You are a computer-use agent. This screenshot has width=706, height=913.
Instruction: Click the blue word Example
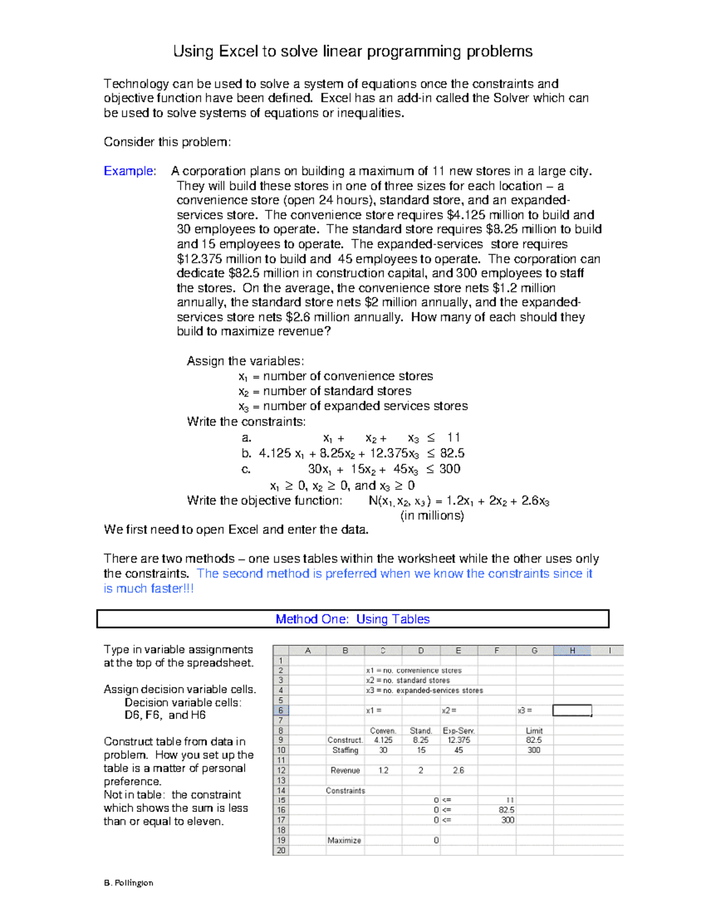[129, 171]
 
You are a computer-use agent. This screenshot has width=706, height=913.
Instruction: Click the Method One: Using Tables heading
[352, 619]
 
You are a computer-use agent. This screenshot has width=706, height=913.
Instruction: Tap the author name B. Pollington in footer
[128, 882]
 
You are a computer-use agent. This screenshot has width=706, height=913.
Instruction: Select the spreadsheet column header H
[572, 650]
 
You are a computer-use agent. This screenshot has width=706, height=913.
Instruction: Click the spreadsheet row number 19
[281, 840]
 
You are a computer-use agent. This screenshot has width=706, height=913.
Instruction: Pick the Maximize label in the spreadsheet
[344, 840]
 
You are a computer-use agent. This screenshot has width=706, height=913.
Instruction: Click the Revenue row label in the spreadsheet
[345, 770]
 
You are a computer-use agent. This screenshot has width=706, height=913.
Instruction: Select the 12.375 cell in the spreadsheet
[458, 740]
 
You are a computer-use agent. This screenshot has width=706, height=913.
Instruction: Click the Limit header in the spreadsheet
[534, 731]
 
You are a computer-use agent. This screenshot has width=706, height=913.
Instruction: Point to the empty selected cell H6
[572, 710]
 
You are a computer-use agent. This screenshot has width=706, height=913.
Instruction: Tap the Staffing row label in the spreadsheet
[345, 750]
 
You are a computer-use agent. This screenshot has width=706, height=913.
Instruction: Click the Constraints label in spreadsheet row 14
[345, 791]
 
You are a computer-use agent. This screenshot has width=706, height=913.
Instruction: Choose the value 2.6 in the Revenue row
[458, 770]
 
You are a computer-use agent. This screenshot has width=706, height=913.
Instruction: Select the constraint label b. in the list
[247, 453]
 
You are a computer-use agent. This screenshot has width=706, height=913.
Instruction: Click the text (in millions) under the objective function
[432, 516]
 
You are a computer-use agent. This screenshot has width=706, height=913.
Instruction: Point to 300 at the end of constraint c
[449, 469]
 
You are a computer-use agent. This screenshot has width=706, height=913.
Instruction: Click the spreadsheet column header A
[307, 650]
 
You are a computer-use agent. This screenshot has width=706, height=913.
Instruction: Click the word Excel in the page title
[238, 52]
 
